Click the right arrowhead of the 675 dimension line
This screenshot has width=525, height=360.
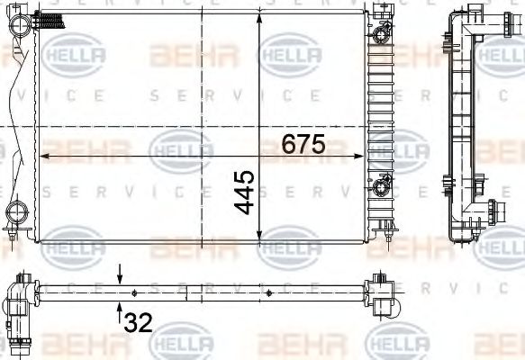[x=363, y=157]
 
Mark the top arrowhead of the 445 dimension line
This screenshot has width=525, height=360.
[x=261, y=20]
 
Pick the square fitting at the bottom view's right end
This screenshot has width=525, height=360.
[x=388, y=303]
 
